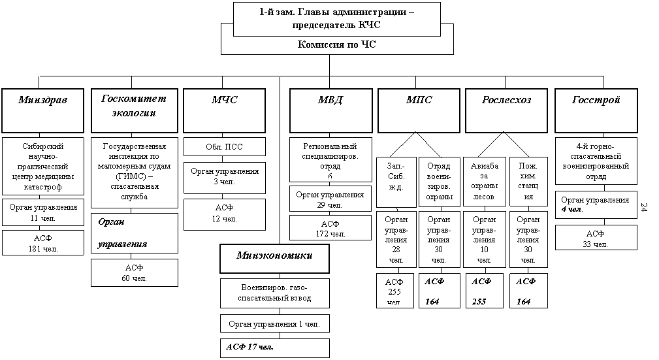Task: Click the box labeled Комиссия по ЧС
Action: click(337, 45)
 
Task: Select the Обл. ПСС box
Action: click(224, 146)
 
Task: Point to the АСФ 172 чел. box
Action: click(330, 228)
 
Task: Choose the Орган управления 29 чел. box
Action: click(330, 199)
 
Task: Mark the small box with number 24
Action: click(645, 207)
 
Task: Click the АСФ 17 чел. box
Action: click(274, 346)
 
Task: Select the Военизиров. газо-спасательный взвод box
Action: click(274, 293)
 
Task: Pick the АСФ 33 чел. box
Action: click(596, 238)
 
